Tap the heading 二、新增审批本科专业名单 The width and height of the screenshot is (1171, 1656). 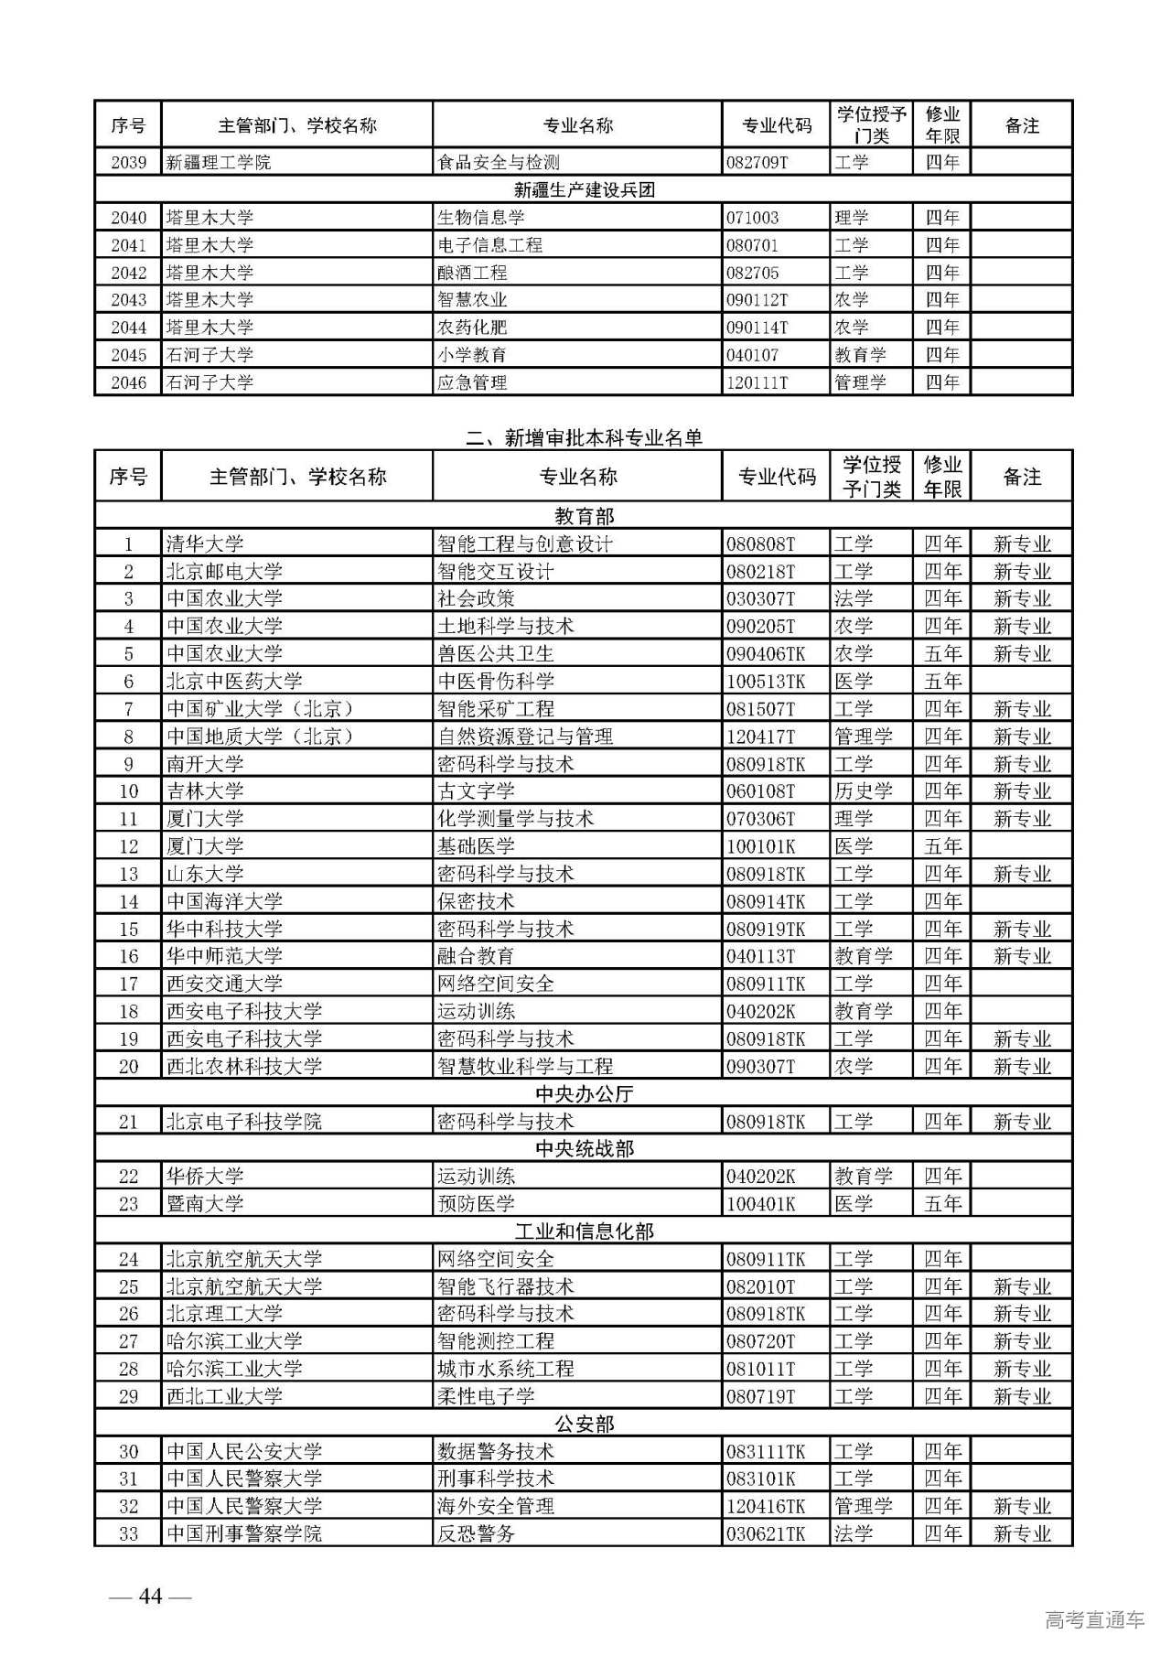[x=584, y=438]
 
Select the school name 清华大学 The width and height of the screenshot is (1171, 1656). [x=205, y=544]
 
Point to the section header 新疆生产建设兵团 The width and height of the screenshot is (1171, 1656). [x=584, y=190]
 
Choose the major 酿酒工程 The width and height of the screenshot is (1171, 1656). [x=472, y=273]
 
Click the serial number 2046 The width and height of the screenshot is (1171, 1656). [x=128, y=382]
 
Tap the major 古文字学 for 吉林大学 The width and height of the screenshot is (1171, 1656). [x=476, y=791]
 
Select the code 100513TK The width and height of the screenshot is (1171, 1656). [x=766, y=682]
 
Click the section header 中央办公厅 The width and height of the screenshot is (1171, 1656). [x=584, y=1094]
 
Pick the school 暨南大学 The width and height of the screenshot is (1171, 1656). [x=205, y=1204]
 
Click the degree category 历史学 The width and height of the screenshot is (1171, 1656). [x=862, y=791]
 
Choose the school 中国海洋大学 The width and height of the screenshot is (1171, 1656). [x=224, y=901]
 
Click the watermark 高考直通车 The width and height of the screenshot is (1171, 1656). [x=1094, y=1620]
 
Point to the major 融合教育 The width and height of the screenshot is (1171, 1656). [x=476, y=956]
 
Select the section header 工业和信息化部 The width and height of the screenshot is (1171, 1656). [x=584, y=1231]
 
